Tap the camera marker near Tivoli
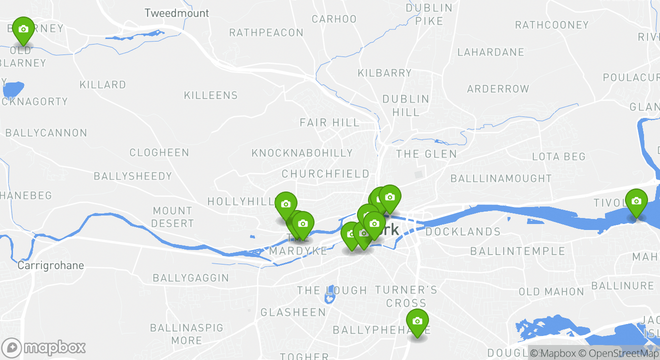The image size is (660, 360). coord(636,201)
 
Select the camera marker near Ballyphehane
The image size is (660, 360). coord(417,321)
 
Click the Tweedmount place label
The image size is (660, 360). coord(176,13)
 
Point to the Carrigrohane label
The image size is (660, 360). coord(50,265)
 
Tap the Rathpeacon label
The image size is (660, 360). coord(266,33)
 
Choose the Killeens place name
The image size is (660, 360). coord(210,95)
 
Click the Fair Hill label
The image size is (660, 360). coord(329,122)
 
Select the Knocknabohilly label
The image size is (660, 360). coord(302,153)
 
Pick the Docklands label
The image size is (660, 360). coord(462,232)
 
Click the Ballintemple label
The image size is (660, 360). coord(517,251)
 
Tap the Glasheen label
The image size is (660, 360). coord(293,312)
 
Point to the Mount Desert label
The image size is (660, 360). coord(172,217)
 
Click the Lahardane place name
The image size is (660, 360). coord(490,52)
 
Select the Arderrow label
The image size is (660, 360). coord(497,89)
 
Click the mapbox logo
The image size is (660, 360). coord(43,347)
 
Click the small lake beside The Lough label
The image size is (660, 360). coord(329,298)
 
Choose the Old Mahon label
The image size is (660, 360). coord(551,291)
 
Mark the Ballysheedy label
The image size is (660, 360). coord(132,176)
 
